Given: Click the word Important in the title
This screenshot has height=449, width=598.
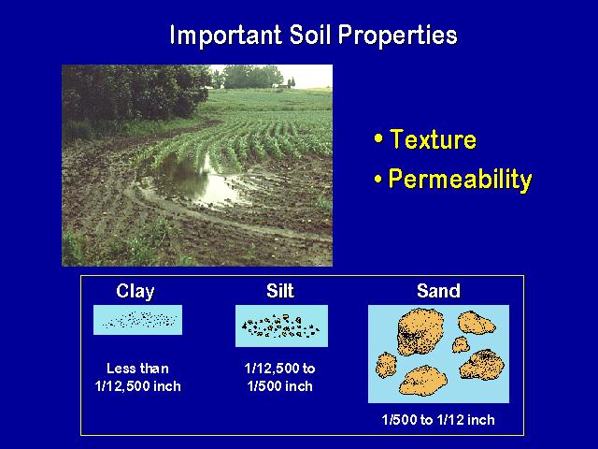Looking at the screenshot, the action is (x=225, y=36).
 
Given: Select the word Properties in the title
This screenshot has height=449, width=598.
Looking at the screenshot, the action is (x=398, y=36).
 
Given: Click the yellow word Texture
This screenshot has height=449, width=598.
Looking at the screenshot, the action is (x=434, y=139).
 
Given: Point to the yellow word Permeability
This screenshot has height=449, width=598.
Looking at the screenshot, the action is (x=460, y=180).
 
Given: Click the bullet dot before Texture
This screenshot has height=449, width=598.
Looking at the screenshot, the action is (x=378, y=138).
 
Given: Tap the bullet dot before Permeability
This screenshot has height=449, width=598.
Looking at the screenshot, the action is (x=378, y=179).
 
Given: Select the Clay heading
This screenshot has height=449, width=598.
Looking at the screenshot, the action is (x=135, y=292).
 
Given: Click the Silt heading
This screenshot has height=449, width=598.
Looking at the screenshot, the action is (x=280, y=291).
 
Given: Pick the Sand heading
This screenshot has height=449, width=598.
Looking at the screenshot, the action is (x=438, y=291).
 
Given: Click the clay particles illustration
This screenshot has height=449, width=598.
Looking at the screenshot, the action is (x=138, y=320).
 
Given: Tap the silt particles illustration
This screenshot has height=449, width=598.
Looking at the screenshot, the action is (x=281, y=326).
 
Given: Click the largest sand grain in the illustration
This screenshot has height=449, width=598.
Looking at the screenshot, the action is (x=420, y=331).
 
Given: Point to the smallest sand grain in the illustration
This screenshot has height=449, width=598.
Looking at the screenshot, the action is (x=461, y=344).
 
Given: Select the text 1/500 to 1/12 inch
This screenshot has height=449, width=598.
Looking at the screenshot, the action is (x=438, y=420).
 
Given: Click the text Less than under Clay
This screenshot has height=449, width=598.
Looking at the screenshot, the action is (x=137, y=369).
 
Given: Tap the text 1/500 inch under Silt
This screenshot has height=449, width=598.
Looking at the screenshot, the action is (x=280, y=386).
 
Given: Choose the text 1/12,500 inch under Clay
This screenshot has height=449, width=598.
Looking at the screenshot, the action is (x=138, y=386).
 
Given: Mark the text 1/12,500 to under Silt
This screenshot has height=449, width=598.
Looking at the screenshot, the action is (x=280, y=369).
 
